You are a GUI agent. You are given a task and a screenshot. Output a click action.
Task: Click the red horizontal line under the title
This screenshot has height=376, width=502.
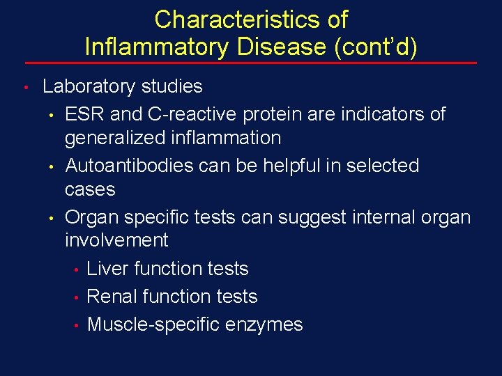251,63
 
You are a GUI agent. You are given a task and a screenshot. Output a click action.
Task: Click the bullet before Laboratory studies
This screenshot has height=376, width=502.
24,88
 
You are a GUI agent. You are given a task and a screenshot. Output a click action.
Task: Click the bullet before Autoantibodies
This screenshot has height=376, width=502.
52,167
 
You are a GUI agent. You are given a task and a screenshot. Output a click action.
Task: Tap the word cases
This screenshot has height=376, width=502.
90,189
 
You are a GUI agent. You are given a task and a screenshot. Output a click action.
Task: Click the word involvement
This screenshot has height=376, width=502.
116,240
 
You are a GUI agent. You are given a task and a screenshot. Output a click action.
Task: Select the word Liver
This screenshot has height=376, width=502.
107,269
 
